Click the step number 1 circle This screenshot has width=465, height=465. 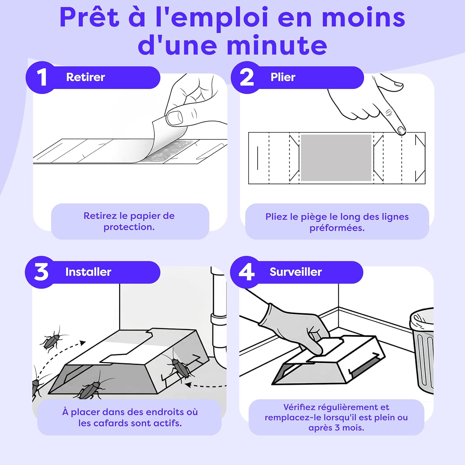[41, 77]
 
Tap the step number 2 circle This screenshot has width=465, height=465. [247, 77]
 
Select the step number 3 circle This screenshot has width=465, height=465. [41, 272]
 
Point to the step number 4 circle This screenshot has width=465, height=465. [246, 272]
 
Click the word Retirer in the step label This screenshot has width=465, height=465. [86, 77]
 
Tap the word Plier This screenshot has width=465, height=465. [283, 77]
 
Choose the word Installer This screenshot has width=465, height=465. [88, 272]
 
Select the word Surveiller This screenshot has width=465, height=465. [295, 272]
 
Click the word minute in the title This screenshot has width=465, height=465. [277, 46]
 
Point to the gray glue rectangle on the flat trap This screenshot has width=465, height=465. [336, 157]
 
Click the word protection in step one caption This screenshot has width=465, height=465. [129, 227]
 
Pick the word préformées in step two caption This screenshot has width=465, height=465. [337, 228]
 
